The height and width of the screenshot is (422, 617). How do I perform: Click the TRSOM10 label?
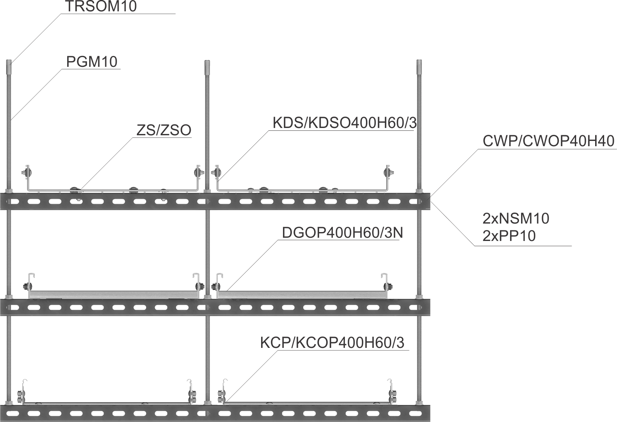[x=101, y=6]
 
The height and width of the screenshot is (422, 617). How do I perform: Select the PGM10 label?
[x=91, y=62]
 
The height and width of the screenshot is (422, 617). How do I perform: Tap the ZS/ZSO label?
[x=164, y=130]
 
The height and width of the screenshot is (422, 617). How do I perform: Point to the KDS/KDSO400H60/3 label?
[x=344, y=123]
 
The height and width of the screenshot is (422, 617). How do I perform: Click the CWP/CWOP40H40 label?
[x=548, y=141]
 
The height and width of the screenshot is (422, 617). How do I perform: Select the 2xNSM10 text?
[x=515, y=218]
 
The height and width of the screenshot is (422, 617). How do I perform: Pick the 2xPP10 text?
[x=509, y=236]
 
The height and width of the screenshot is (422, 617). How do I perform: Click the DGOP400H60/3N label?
[x=342, y=232]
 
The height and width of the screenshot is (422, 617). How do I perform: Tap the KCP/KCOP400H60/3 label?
[x=332, y=343]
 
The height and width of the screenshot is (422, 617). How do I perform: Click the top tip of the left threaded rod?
[x=9, y=62]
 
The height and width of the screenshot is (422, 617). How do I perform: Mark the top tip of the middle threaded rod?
[x=207, y=62]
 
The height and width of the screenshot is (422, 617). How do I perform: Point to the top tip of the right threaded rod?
[x=419, y=62]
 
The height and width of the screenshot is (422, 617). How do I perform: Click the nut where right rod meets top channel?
[x=419, y=191]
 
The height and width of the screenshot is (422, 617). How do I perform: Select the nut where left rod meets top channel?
[x=9, y=191]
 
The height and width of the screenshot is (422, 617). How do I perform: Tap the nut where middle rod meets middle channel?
[x=207, y=297]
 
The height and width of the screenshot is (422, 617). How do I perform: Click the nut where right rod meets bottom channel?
[x=419, y=403]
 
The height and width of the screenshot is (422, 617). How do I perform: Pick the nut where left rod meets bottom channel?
[x=9, y=403]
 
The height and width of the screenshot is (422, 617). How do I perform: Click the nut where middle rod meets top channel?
[x=207, y=191]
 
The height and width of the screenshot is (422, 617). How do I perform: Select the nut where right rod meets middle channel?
[x=419, y=297]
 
